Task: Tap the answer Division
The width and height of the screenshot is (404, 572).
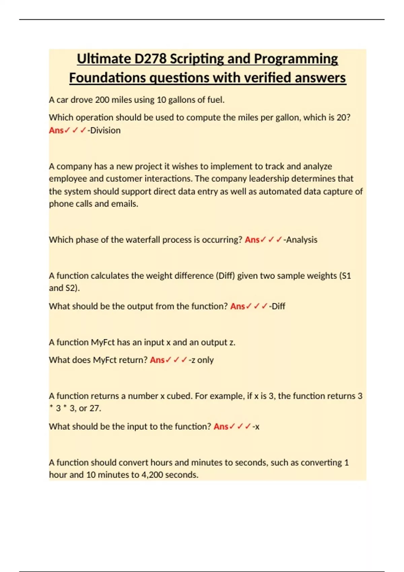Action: click(x=105, y=130)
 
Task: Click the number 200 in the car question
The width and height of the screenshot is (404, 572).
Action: click(x=102, y=100)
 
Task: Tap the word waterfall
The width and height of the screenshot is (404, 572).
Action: click(x=143, y=240)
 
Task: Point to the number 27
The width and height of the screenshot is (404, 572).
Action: click(x=94, y=408)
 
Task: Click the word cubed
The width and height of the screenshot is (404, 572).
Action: click(x=179, y=396)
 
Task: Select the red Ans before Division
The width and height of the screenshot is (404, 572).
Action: click(x=56, y=130)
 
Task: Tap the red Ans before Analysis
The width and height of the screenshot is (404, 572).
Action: click(x=252, y=240)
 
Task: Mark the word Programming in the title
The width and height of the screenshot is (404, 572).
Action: click(x=296, y=59)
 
